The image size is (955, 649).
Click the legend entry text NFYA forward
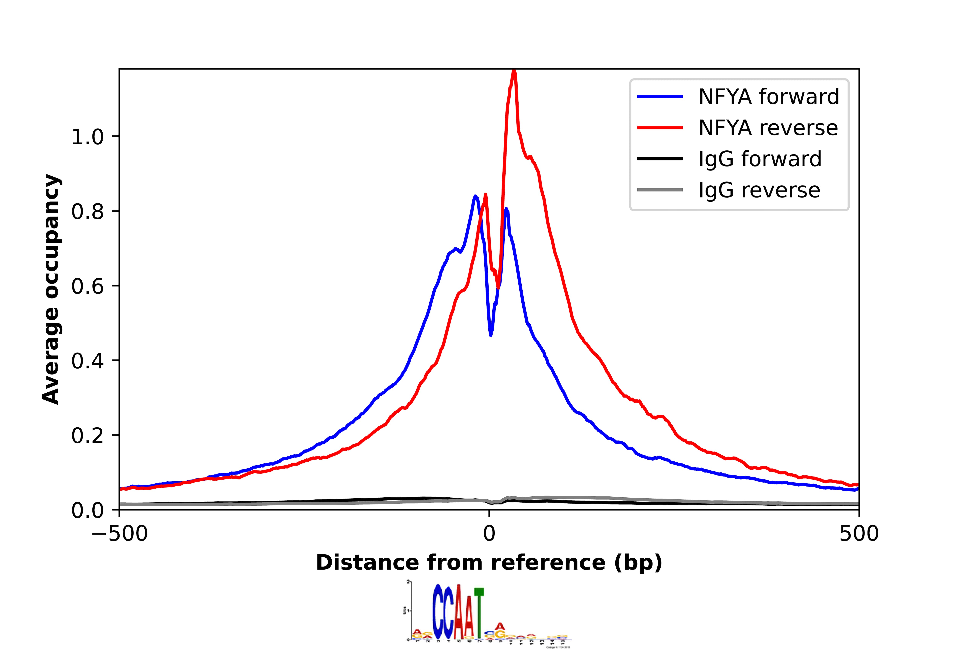point(768,97)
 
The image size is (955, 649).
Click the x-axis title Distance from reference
point(489,563)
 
